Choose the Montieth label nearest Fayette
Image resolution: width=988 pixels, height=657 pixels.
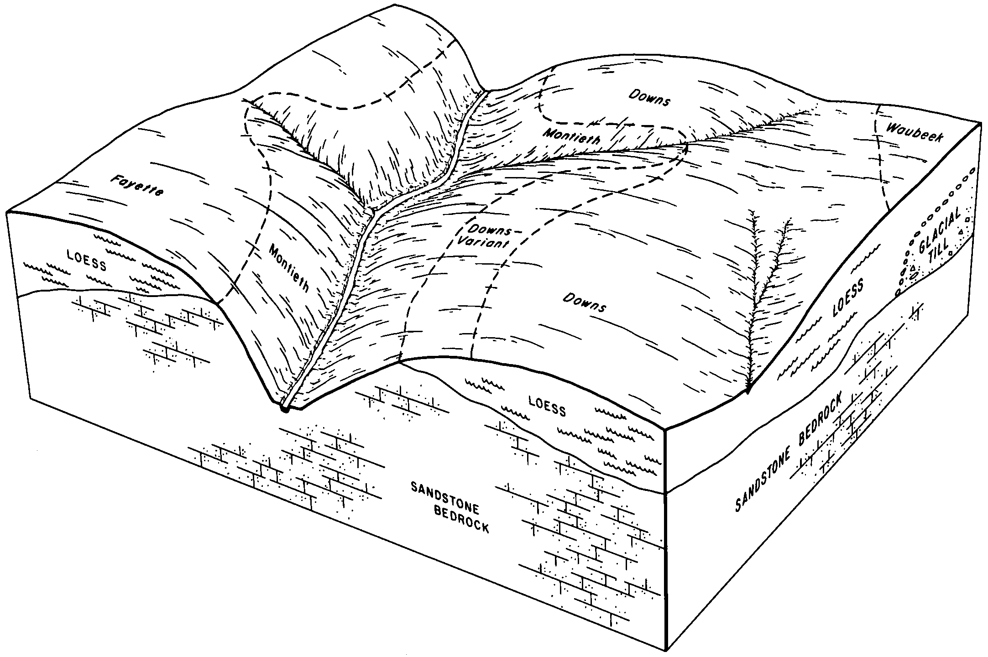289,268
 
